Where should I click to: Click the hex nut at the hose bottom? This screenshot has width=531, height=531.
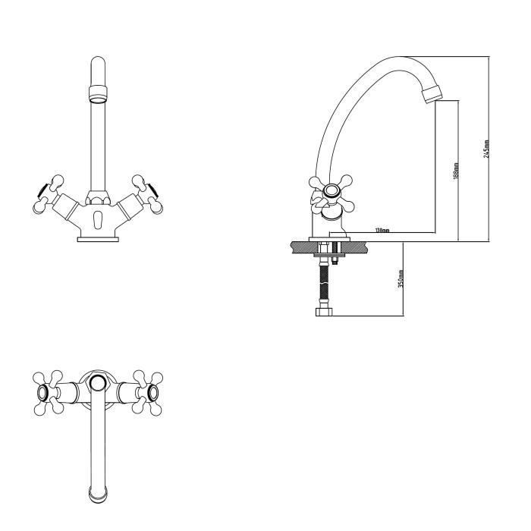coord(325,312)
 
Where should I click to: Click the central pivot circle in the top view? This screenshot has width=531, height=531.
coord(98,382)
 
